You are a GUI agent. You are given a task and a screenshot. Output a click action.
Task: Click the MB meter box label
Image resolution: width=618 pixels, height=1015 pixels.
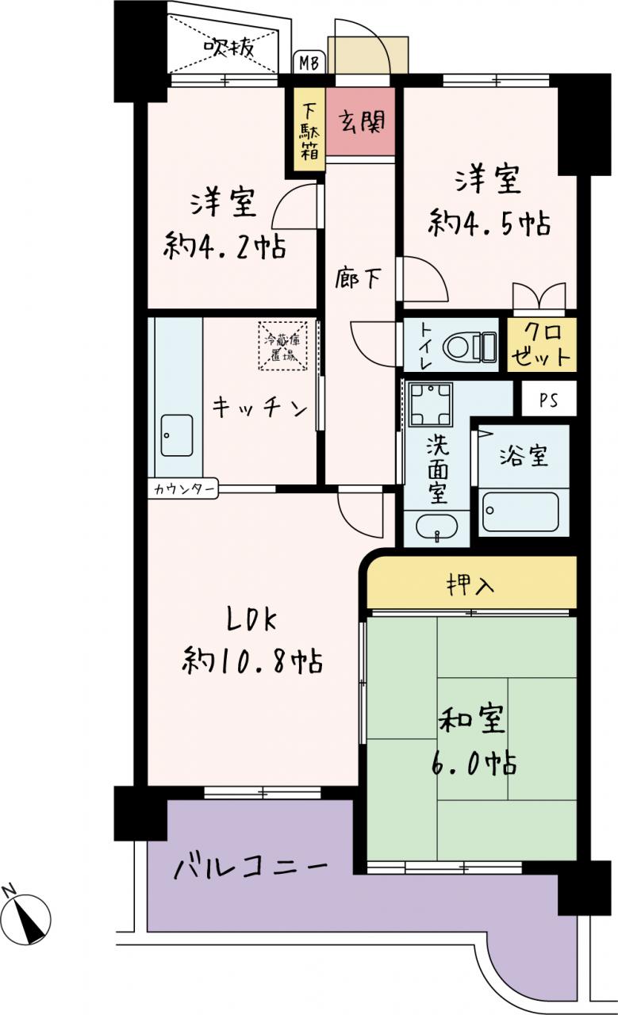(x=309, y=63)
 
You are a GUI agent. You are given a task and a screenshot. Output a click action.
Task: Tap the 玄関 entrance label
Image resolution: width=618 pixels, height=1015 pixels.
(x=362, y=121)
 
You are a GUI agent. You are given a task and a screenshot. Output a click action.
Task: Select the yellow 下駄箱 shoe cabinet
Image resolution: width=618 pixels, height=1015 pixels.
(x=309, y=129)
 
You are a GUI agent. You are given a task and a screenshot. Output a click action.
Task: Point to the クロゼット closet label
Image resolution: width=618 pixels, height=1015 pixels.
(x=542, y=344)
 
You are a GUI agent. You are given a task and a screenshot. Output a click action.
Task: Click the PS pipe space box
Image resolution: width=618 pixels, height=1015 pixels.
(x=549, y=398)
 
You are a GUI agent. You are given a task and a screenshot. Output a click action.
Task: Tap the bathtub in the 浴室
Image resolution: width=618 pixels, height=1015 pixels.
(x=520, y=511)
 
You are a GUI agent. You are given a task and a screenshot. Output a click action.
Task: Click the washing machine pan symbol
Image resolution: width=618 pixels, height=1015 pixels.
(x=430, y=404)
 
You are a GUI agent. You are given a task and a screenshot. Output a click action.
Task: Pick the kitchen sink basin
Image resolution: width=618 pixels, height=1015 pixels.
(x=176, y=435)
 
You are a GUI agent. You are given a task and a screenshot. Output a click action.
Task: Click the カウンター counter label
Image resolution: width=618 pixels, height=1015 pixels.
(x=183, y=488)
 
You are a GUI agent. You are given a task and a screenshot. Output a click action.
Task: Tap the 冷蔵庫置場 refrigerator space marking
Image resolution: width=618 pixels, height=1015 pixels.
(x=283, y=346)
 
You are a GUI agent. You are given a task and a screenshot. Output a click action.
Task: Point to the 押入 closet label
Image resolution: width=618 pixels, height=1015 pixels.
(x=470, y=584)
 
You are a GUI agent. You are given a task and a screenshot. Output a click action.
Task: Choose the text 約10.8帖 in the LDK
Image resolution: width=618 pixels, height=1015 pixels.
(x=252, y=662)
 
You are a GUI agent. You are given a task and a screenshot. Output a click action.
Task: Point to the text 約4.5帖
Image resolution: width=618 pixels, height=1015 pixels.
(x=489, y=223)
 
